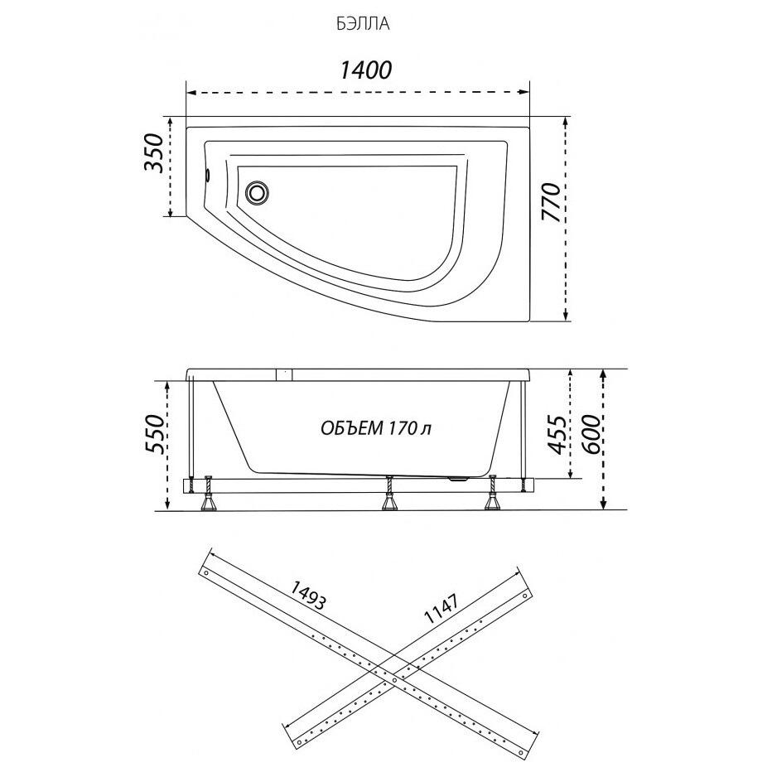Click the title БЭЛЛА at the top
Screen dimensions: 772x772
[364, 25]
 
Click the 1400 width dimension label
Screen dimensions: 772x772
[366, 70]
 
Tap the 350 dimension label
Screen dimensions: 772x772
[153, 152]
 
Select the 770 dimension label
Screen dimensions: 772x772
[552, 202]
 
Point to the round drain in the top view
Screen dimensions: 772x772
[257, 191]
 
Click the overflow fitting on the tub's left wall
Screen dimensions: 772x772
[208, 176]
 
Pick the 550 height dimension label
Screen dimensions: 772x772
[153, 434]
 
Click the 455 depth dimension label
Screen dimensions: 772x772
[557, 434]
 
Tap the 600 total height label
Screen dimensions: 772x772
[592, 434]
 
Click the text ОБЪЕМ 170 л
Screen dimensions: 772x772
[376, 428]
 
